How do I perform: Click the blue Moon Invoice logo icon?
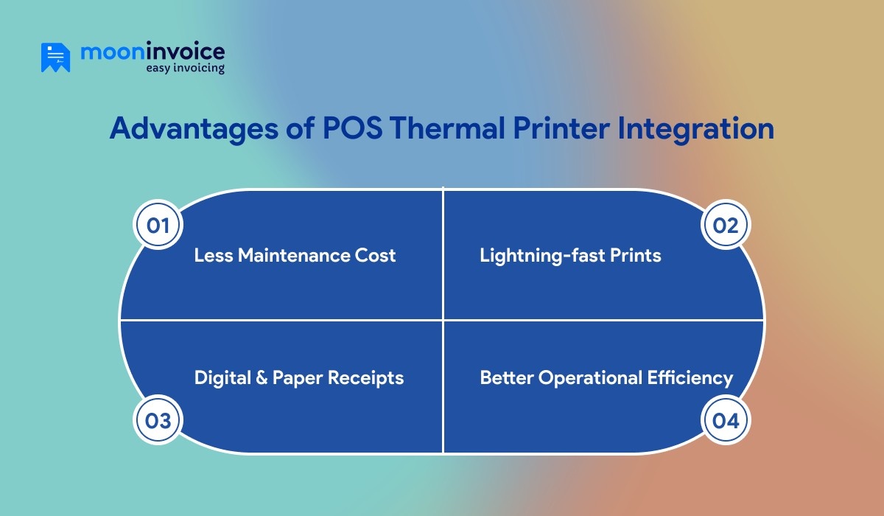point(55,57)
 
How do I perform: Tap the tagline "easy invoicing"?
point(185,68)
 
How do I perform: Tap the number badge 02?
point(726,225)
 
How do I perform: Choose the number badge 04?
point(726,420)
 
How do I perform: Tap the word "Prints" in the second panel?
point(639,256)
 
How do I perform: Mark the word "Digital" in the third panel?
point(220,378)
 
